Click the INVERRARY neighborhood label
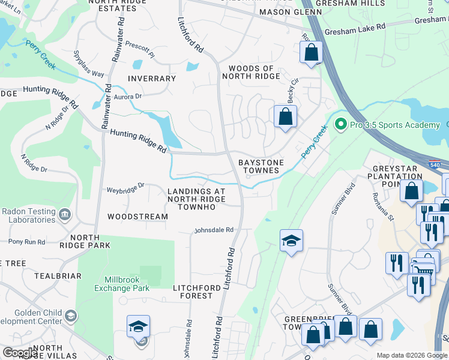point(152,79)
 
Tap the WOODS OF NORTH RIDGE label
point(251,73)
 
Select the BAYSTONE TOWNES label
point(259,166)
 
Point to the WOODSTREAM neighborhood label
point(137,216)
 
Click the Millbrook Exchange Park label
point(122,284)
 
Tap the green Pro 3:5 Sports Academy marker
point(341,125)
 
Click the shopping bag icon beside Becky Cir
point(286,115)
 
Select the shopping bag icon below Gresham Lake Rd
point(312,52)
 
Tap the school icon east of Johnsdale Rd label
point(291,241)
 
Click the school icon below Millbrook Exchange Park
point(138,326)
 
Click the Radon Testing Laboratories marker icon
point(65,214)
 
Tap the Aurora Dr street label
point(127,96)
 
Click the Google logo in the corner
point(20,353)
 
